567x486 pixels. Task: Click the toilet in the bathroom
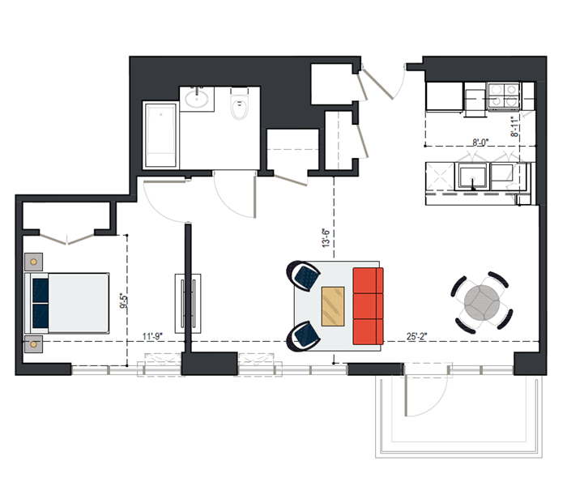click(239, 104)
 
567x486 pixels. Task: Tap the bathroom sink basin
click(197, 98)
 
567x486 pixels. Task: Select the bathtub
click(160, 135)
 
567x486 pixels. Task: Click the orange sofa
click(368, 306)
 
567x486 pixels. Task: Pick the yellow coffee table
click(333, 306)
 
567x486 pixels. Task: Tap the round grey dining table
click(482, 303)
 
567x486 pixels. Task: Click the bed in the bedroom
click(67, 303)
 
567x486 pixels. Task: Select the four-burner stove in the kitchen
click(503, 96)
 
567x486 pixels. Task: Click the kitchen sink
click(472, 177)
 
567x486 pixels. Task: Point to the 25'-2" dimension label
click(416, 336)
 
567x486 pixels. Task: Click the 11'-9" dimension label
click(152, 336)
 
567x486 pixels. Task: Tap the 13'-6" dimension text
click(326, 238)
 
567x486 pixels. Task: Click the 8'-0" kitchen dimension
click(480, 143)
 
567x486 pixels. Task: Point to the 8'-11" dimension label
click(514, 126)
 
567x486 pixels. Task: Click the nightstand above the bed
click(34, 262)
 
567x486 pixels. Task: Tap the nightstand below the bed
click(34, 344)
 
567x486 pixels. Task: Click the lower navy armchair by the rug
click(303, 336)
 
